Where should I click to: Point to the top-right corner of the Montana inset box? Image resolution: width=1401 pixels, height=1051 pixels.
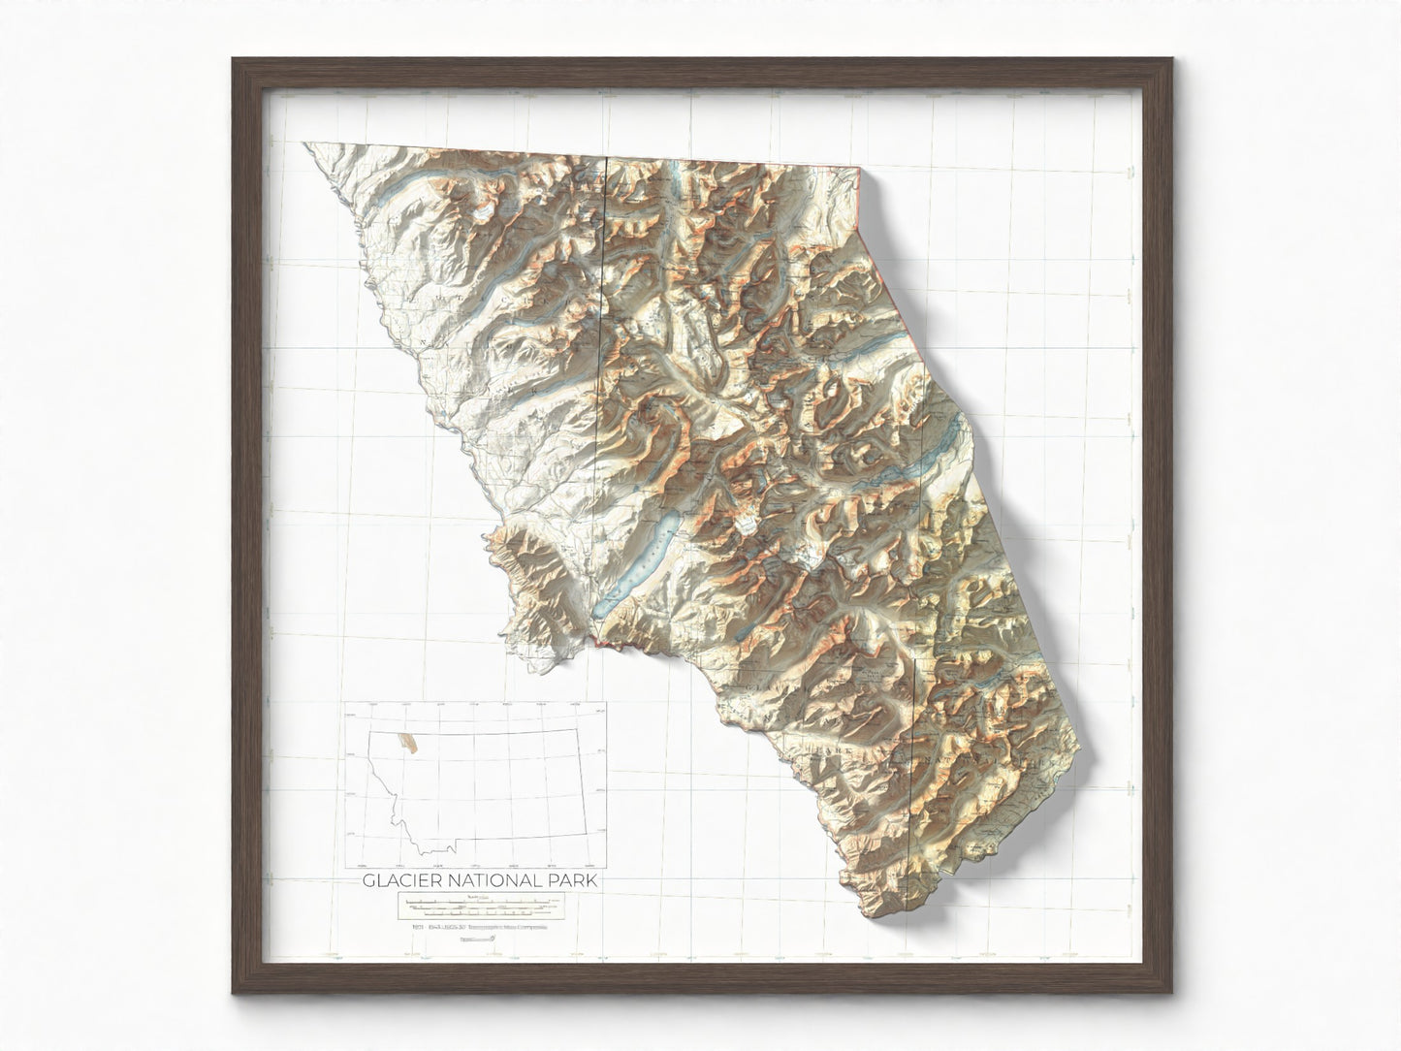(x=607, y=703)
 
